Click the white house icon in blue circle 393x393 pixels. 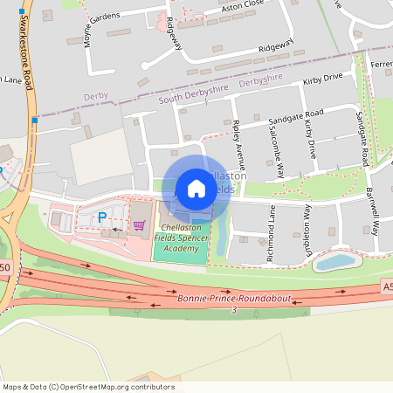pos(196,189)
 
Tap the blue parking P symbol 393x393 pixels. pos(101,217)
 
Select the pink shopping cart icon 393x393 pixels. pos(138,225)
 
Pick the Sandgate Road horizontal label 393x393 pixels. pos(295,114)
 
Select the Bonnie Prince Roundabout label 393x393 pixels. pos(234,300)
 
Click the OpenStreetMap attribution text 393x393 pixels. pos(87,387)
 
